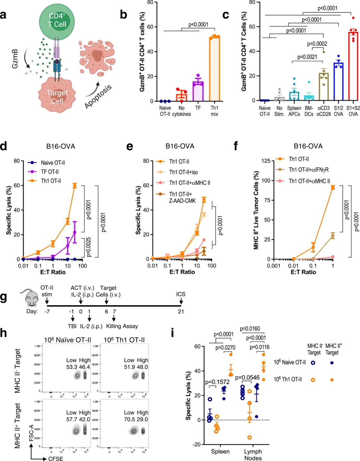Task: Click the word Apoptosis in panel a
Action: (98, 96)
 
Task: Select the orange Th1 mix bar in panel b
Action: (214, 69)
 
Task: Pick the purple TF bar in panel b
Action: (198, 92)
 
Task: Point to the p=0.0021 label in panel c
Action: (307, 57)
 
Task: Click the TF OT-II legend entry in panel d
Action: (49, 172)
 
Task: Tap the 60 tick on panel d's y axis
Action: (17, 185)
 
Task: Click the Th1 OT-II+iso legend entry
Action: (183, 172)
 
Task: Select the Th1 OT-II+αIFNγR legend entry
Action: (308, 170)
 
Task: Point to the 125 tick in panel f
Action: (266, 161)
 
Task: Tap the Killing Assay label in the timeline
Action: (122, 326)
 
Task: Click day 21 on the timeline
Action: (181, 311)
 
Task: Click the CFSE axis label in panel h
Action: (56, 459)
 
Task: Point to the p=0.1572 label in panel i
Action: (217, 382)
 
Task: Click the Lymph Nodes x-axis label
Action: (253, 455)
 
